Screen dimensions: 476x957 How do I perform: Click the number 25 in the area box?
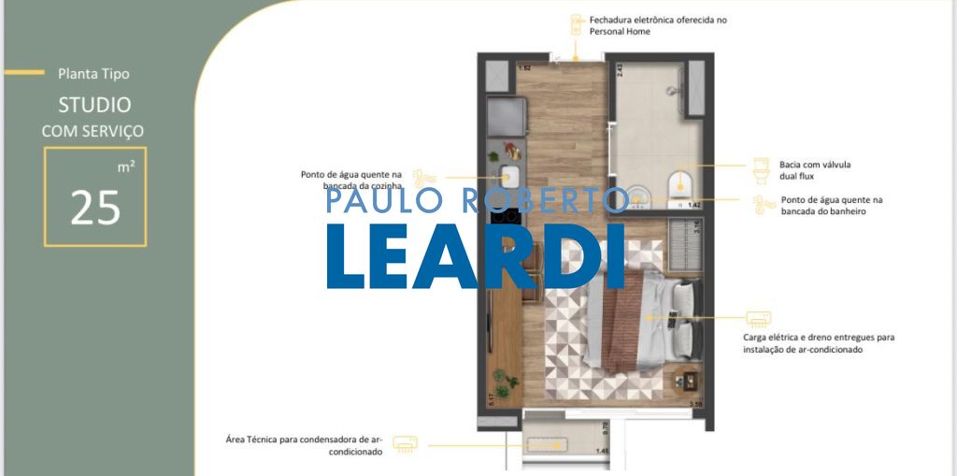pos(95,208)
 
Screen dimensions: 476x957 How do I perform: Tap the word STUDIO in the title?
pos(94,105)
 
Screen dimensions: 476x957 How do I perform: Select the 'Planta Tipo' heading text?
pos(93,73)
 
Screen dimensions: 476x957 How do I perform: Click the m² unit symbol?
pos(126,166)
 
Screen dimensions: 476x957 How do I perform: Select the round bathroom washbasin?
pos(638,195)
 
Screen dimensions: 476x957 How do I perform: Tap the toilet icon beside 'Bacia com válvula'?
pos(761,170)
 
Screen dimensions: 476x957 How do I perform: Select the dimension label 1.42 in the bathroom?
pos(693,205)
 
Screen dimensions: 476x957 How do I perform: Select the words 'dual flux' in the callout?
pos(799,176)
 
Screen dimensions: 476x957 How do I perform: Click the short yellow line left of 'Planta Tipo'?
pos(24,72)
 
